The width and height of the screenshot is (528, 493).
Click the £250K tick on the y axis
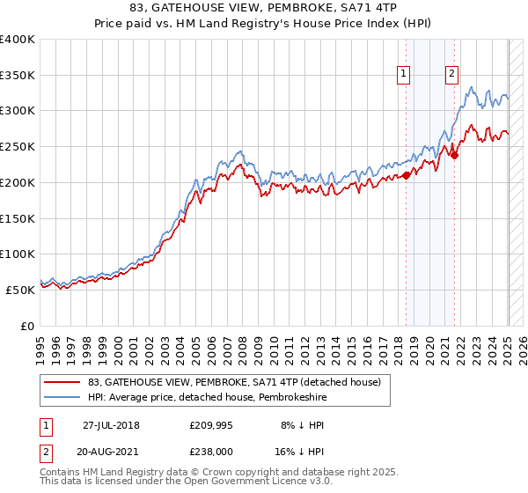click(x=18, y=147)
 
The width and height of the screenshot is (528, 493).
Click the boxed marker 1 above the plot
click(x=403, y=75)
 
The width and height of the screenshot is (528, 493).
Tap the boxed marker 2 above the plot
click(x=451, y=75)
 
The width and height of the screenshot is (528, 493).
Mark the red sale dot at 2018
click(x=407, y=176)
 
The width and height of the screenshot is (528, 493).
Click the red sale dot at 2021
click(x=455, y=156)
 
